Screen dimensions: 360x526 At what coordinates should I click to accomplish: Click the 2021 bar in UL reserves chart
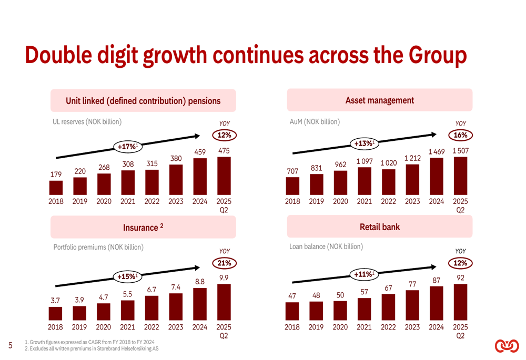pos(128,181)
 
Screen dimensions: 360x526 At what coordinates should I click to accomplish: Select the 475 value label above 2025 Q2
pos(224,151)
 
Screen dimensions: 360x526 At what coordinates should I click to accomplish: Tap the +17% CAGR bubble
pos(126,146)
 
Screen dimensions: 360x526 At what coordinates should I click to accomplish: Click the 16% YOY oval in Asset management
pos(460,135)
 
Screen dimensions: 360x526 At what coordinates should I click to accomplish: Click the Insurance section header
pos(143,228)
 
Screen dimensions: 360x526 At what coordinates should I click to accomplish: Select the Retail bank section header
pos(379,227)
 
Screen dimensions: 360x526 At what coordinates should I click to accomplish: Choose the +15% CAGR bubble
pos(126,276)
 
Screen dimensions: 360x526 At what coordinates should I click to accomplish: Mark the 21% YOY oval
pos(224,263)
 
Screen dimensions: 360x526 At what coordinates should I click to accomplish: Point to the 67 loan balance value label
pos(388,288)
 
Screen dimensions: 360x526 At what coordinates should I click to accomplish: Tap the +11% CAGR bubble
pos(363,274)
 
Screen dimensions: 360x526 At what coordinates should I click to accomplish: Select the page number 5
pos(11,345)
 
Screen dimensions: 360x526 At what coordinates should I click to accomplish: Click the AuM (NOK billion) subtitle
pos(315,121)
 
